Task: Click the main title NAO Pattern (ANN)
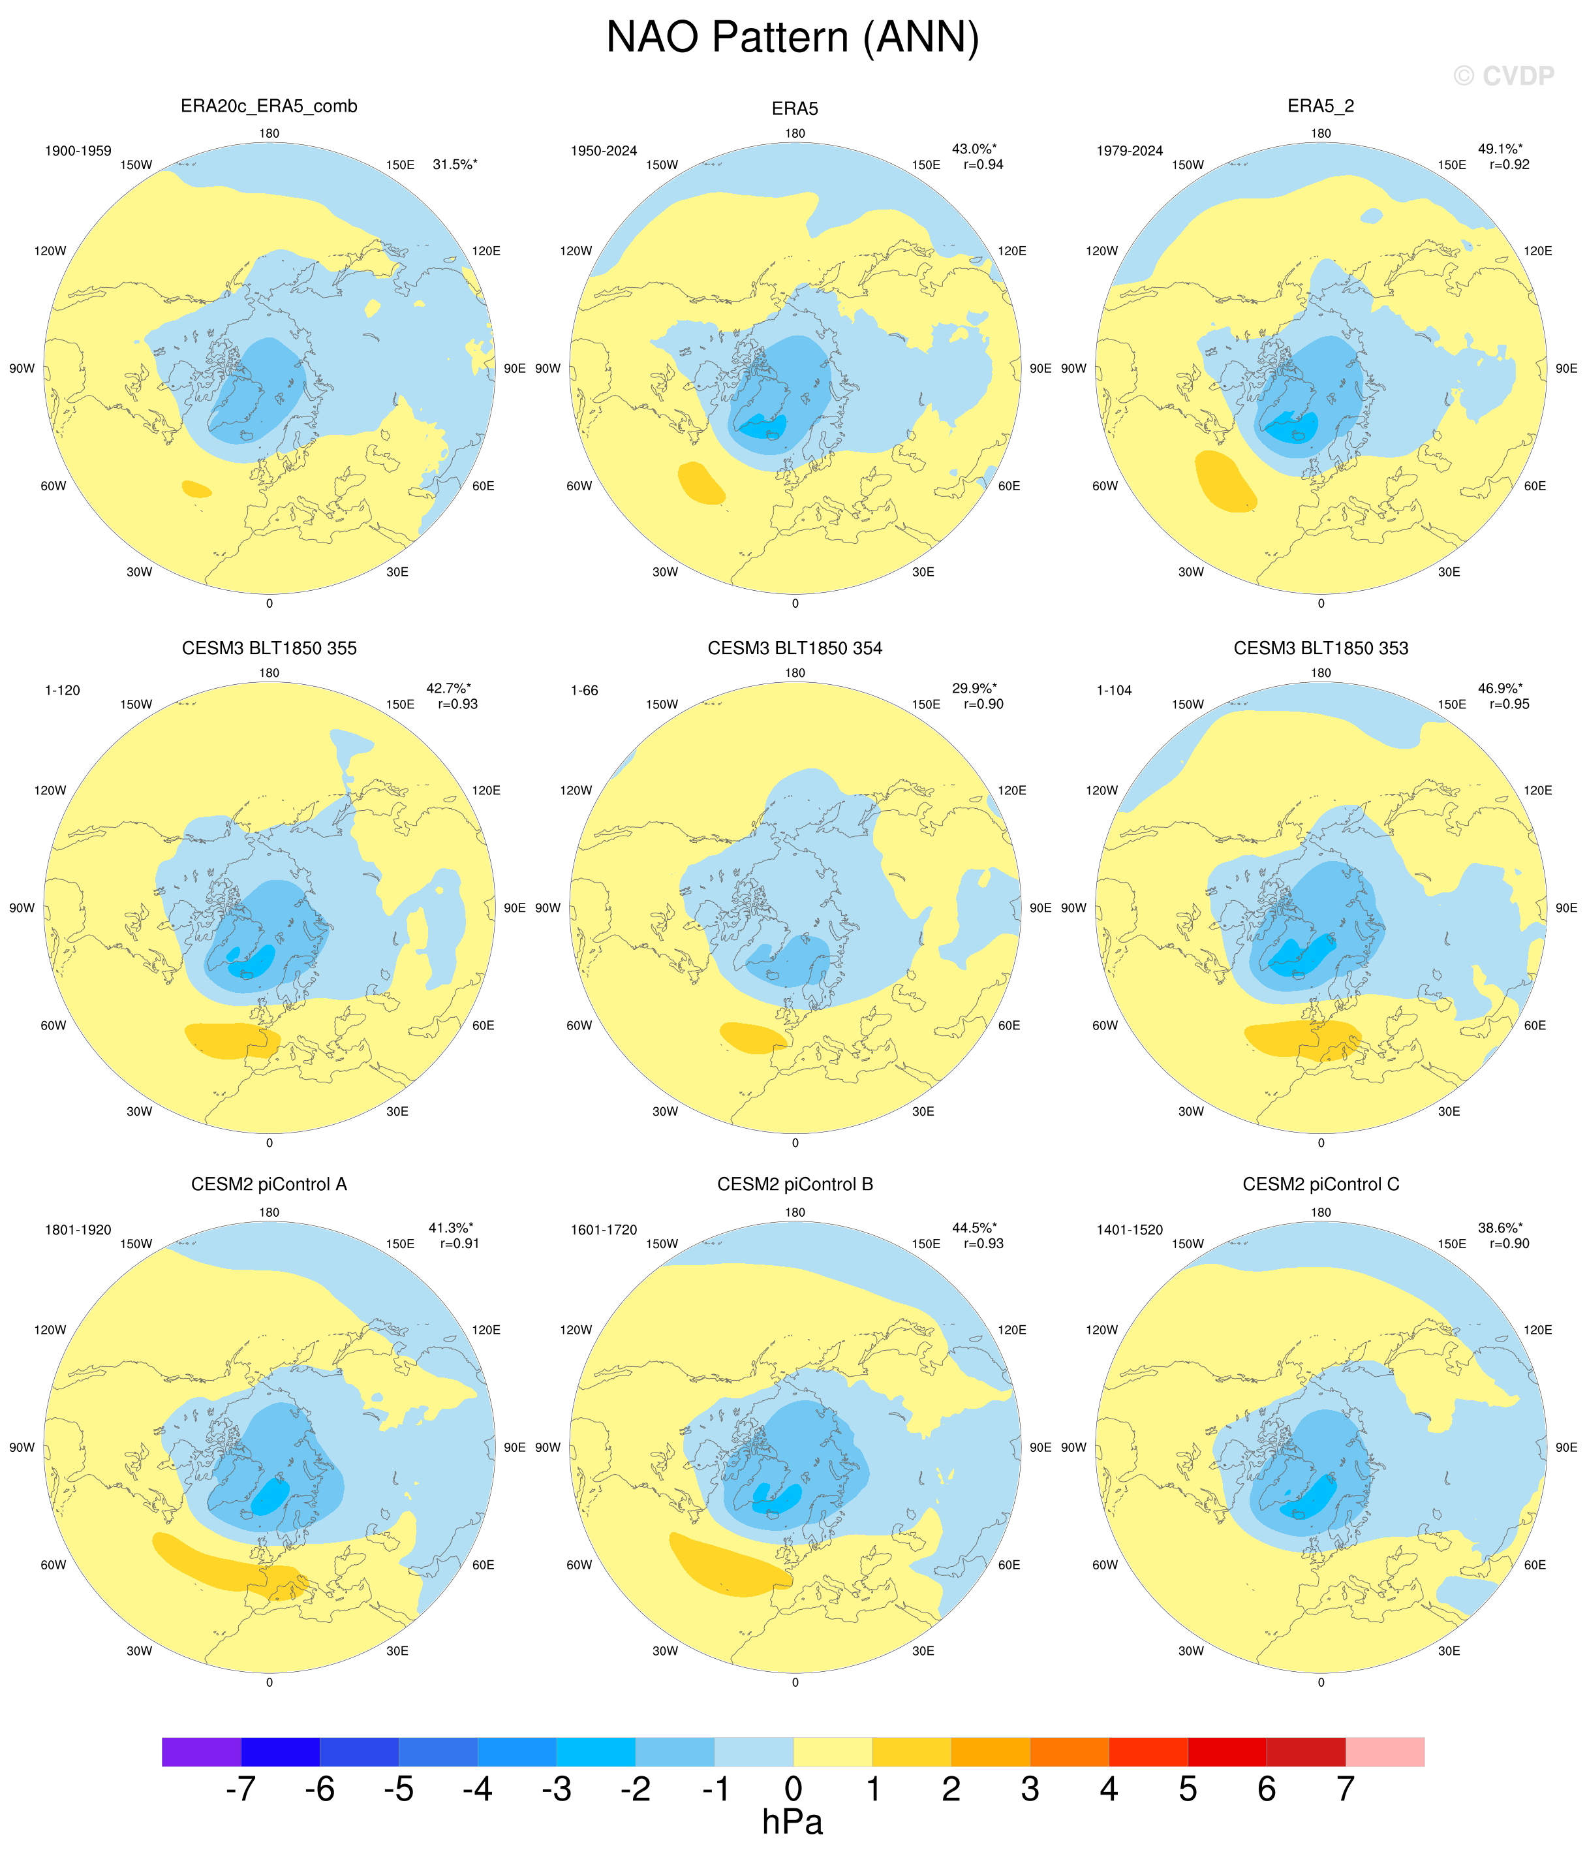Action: [x=793, y=39]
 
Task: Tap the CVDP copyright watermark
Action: [x=1504, y=76]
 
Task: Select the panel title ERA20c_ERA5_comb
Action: [x=270, y=106]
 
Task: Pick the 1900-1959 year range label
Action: [x=79, y=150]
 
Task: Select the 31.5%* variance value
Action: [x=454, y=165]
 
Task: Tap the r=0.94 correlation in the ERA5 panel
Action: [x=983, y=165]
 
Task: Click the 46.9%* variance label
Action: [x=1500, y=688]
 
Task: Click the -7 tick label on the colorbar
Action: [x=241, y=1789]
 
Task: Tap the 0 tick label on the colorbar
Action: [x=793, y=1789]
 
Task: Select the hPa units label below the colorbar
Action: [x=793, y=1823]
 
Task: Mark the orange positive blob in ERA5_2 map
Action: [x=1225, y=481]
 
